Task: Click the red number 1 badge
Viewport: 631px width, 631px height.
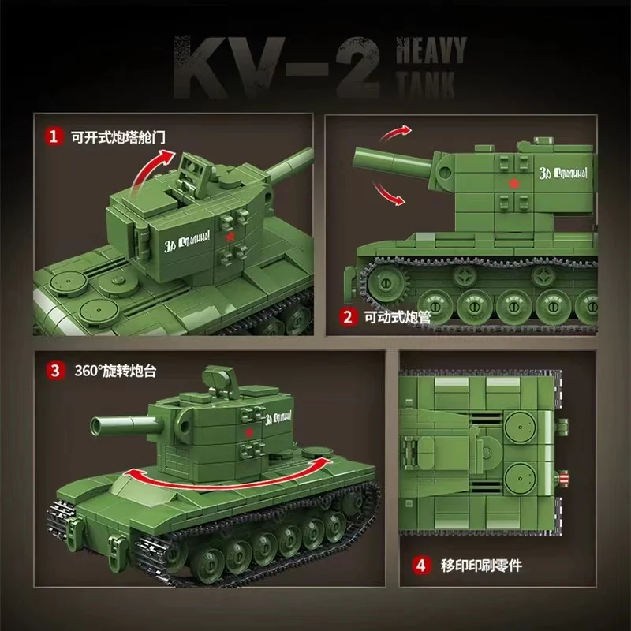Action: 54,136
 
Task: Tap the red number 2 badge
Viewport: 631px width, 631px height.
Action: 346,318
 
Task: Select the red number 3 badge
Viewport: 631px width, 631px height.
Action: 54,370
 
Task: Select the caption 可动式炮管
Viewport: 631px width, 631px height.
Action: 394,318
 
